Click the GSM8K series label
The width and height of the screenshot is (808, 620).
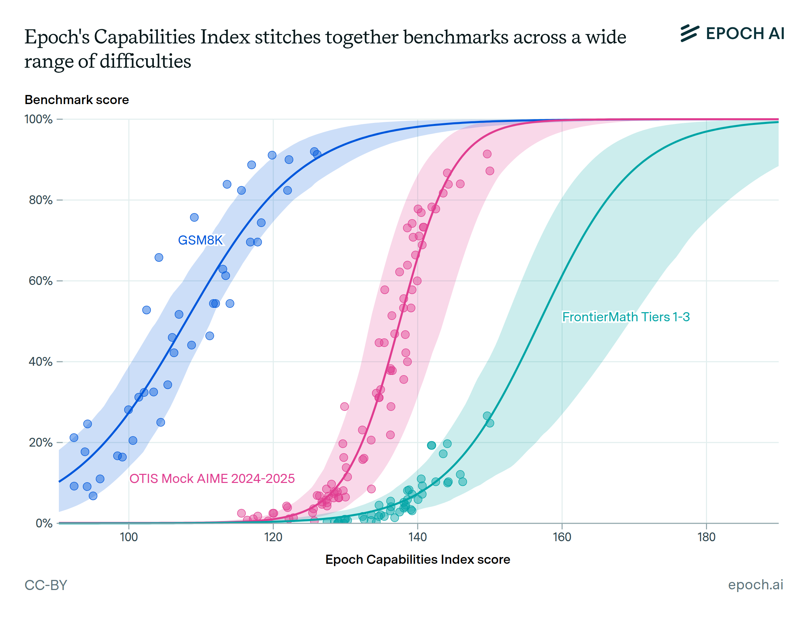[200, 240]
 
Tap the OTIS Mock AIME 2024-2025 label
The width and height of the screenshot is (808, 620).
[212, 479]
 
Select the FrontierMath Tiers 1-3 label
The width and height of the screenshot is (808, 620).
[626, 317]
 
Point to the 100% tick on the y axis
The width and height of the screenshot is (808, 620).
[38, 120]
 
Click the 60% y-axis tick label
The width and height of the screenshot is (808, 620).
[41, 281]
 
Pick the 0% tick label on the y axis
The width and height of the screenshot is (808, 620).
[44, 523]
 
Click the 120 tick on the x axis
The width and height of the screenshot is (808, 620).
[273, 537]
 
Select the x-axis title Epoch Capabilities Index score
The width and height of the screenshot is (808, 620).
[417, 559]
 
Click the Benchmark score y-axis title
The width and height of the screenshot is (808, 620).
[77, 100]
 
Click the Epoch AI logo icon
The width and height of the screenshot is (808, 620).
[689, 33]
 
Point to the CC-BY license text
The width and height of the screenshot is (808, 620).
[46, 585]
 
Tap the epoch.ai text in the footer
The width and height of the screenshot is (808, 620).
[755, 585]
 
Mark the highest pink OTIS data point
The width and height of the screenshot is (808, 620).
[487, 154]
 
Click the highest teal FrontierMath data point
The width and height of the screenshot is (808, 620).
[487, 416]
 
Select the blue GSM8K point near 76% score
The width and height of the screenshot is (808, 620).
[194, 217]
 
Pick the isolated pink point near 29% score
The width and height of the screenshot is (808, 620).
[344, 407]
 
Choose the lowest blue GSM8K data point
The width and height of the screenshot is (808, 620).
[93, 496]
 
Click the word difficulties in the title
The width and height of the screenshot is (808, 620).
[145, 61]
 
